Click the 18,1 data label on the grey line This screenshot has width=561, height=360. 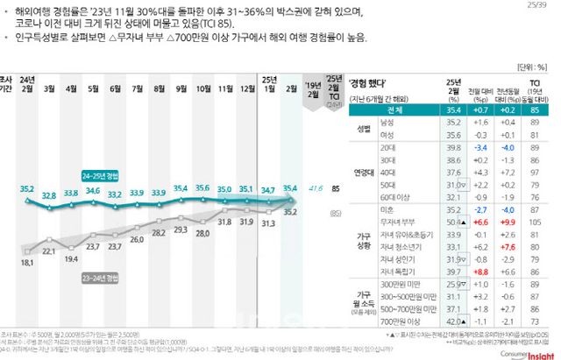point(26,263)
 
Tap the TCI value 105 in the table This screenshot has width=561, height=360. point(534,223)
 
